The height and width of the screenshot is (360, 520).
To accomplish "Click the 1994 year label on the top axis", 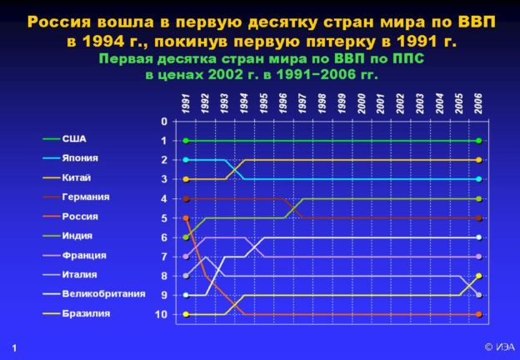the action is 243,103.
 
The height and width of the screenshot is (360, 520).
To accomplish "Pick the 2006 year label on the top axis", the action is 478,103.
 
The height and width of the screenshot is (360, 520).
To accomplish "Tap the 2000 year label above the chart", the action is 361,103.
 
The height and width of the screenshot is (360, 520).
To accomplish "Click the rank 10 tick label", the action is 161,314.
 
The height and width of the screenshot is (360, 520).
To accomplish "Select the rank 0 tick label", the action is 164,122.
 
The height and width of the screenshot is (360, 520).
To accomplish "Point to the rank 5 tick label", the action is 164,218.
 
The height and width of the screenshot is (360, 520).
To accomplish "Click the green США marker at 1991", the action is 186,141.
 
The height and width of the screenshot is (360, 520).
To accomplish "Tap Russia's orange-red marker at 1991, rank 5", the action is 186,218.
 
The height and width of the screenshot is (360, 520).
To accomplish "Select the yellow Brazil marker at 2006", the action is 479,276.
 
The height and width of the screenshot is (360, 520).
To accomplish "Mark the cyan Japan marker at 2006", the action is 479,179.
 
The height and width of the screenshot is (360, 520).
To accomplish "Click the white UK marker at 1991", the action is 186,295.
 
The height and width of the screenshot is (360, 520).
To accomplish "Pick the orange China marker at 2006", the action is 479,160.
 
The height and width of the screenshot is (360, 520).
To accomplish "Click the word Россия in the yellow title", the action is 59,22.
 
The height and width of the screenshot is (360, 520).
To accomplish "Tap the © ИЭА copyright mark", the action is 500,347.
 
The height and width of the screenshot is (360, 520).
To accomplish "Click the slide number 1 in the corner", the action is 14,348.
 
